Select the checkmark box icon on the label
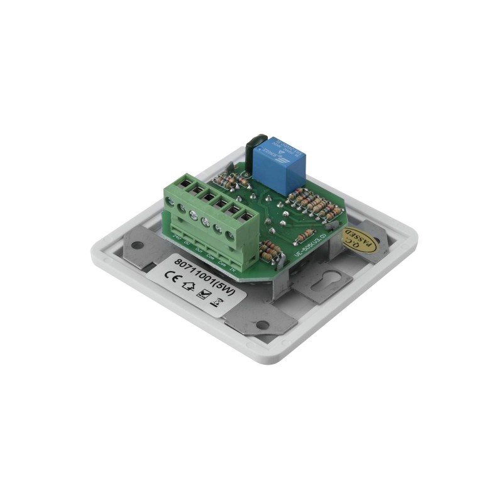202,294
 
